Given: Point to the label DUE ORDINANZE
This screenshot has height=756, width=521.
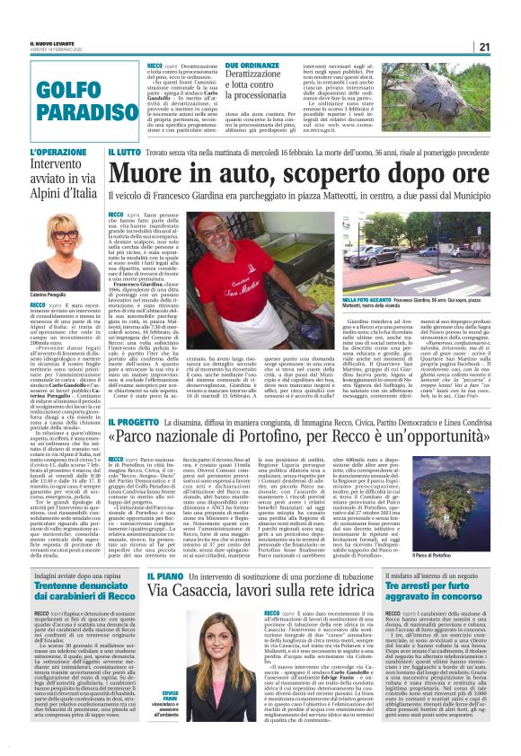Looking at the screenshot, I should (x=251, y=66).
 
